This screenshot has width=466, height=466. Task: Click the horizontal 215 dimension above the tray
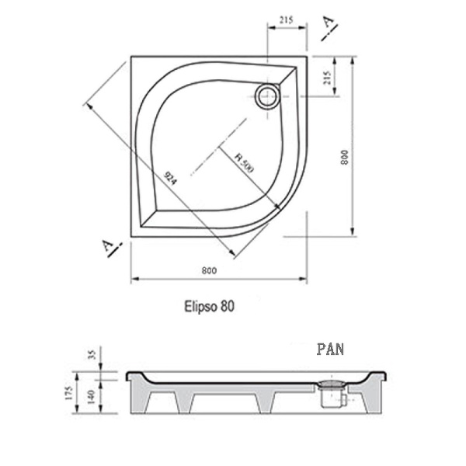click(x=287, y=20)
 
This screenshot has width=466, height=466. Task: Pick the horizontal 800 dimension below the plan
click(x=207, y=270)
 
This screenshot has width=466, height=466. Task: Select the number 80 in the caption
click(x=226, y=306)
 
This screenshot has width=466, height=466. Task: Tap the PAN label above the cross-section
click(x=330, y=349)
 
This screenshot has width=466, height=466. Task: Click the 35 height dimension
click(x=92, y=356)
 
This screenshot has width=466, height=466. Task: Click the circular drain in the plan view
click(x=267, y=96)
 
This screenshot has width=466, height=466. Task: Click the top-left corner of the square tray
click(x=131, y=56)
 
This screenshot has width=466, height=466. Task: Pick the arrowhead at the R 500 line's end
click(x=276, y=205)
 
